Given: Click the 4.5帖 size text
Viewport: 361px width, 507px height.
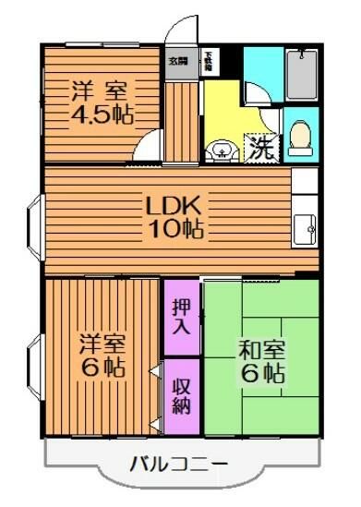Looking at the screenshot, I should pyautogui.click(x=102, y=117).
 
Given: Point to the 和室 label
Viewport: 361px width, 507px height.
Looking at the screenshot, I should pyautogui.click(x=261, y=351).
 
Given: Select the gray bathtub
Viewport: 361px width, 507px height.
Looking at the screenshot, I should pyautogui.click(x=302, y=76).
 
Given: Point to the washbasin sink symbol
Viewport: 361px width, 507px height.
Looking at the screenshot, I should pyautogui.click(x=221, y=151).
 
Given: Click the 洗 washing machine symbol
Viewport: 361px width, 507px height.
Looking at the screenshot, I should pyautogui.click(x=260, y=149).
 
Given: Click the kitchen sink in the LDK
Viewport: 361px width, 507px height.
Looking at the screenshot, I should pyautogui.click(x=305, y=224).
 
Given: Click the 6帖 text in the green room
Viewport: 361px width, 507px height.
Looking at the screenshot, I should pyautogui.click(x=261, y=374).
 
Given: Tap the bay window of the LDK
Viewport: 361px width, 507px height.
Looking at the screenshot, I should pyautogui.click(x=34, y=221).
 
